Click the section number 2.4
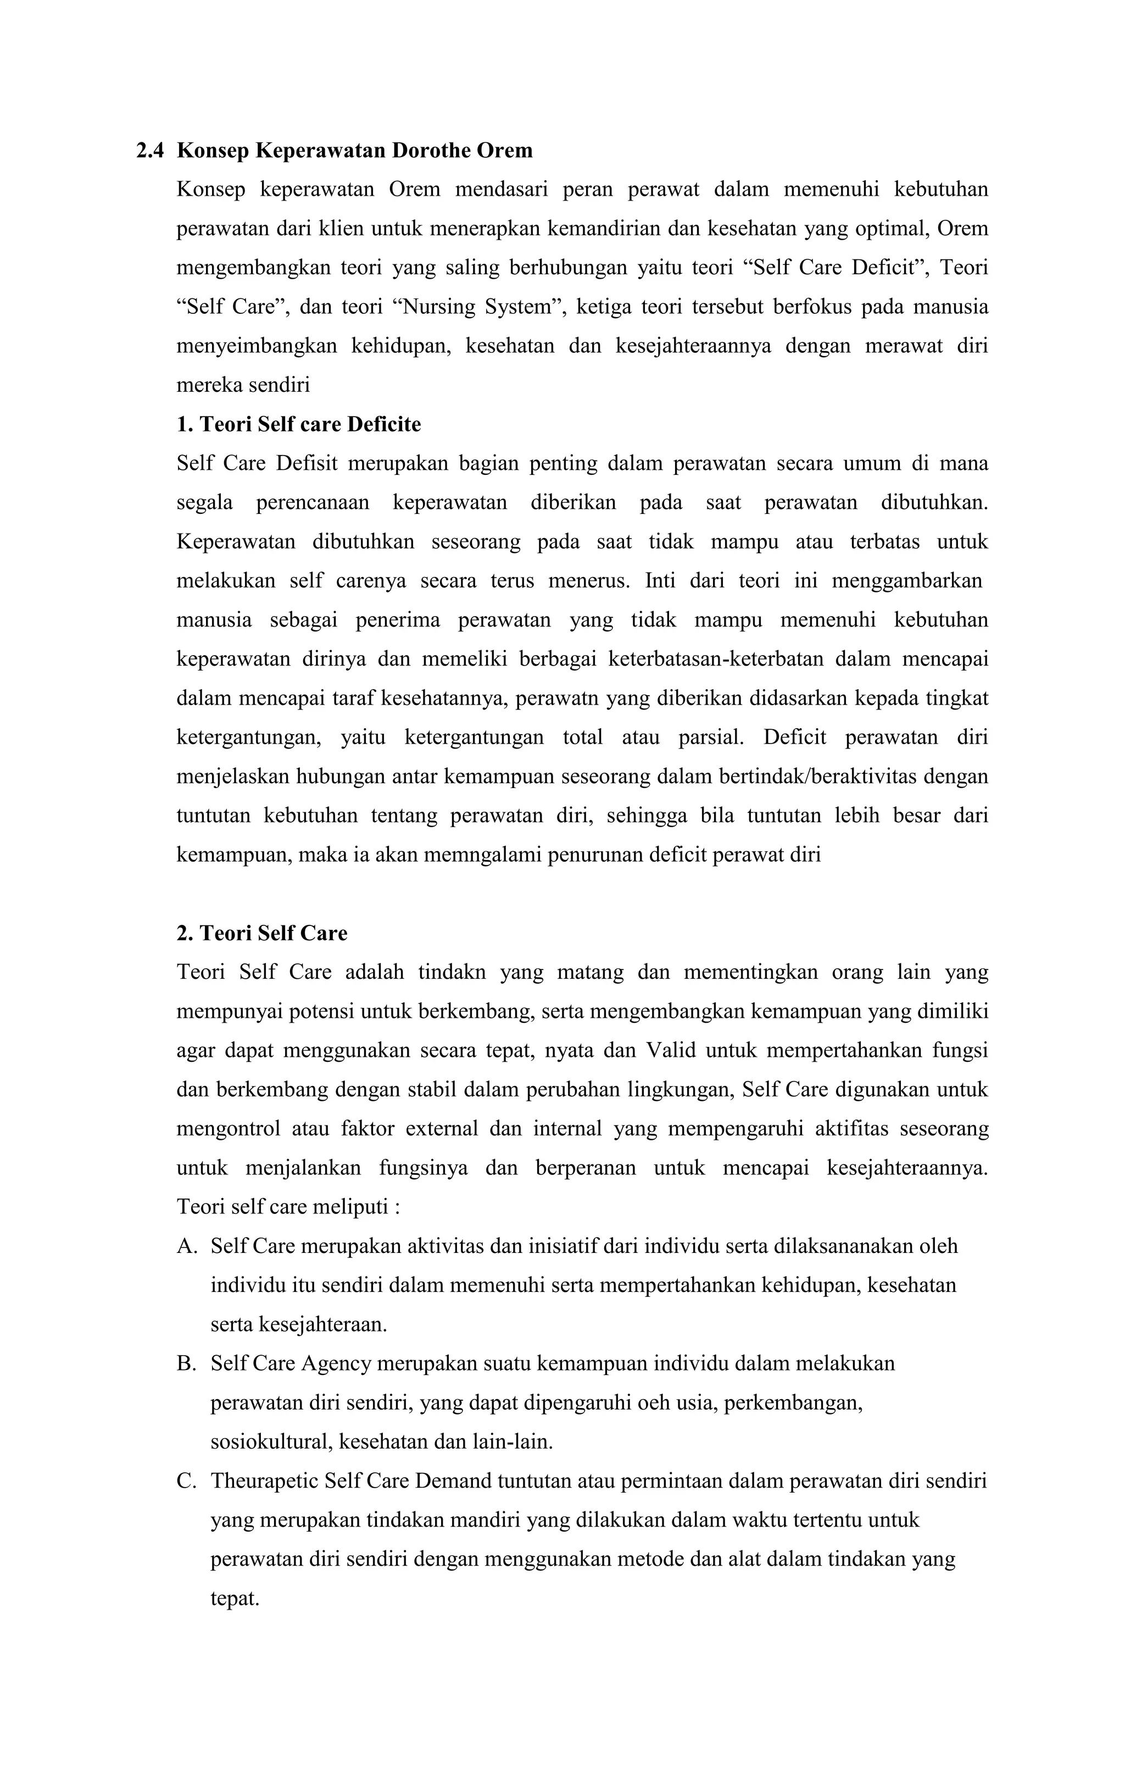(x=150, y=151)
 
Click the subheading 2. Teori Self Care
(x=261, y=933)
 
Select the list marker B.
(x=187, y=1363)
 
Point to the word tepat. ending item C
(x=235, y=1598)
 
